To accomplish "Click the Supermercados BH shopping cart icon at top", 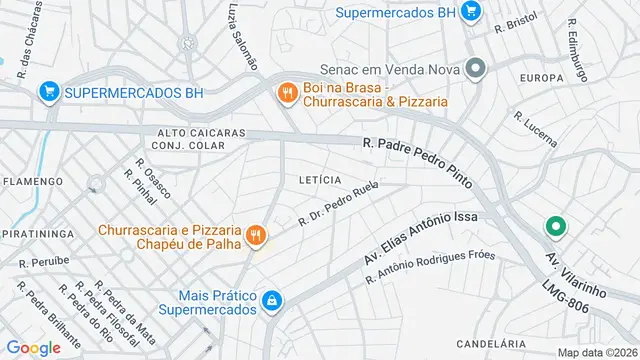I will coord(472,12).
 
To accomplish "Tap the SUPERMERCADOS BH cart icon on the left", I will coord(47,92).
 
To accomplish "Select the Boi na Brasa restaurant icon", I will coord(287,92).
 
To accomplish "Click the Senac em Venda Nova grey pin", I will coord(476,69).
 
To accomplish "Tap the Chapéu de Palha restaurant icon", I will coord(256,236).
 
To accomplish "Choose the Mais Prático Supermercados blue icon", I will coord(271,300).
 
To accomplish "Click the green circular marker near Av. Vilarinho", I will coord(554,228).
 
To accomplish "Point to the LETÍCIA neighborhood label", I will coord(320,180).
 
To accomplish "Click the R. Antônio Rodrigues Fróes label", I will coord(430,265).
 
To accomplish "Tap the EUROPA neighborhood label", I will coord(542,77).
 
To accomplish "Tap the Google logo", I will coord(34,347).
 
